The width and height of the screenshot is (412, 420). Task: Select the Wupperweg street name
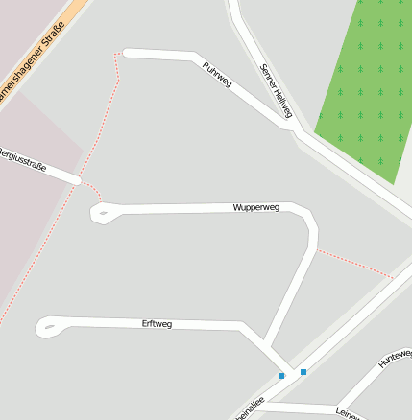pyautogui.click(x=255, y=207)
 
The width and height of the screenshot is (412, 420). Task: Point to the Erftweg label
pyautogui.click(x=157, y=325)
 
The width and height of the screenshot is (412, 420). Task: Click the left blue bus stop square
pyautogui.click(x=281, y=376)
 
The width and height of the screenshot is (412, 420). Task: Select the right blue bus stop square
pyautogui.click(x=303, y=371)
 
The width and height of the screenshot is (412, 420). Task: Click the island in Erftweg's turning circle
pyautogui.click(x=49, y=328)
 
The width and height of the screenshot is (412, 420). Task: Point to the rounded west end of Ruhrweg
pyautogui.click(x=127, y=53)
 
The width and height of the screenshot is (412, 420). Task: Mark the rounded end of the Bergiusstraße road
pyautogui.click(x=75, y=178)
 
